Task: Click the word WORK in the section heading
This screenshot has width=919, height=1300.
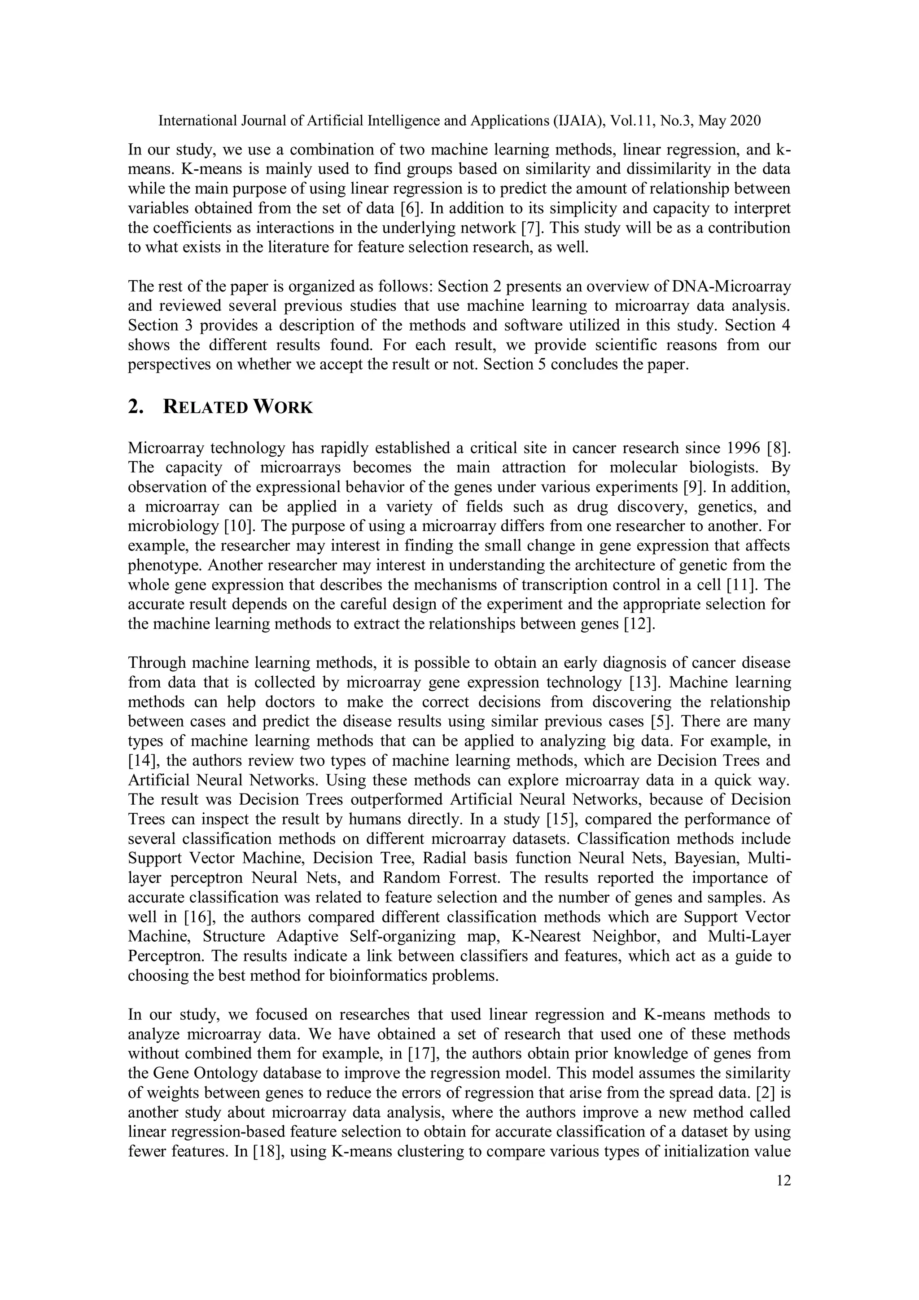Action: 282,407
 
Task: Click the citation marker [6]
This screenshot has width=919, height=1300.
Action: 410,208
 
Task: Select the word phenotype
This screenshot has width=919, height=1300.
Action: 163,565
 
